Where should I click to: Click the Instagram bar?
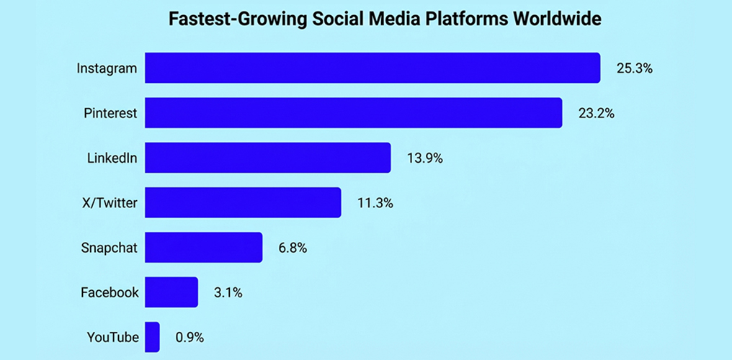pyautogui.click(x=372, y=68)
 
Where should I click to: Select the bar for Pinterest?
pyautogui.click(x=353, y=113)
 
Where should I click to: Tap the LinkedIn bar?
pyautogui.click(x=267, y=158)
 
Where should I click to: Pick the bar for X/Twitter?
pyautogui.click(x=243, y=202)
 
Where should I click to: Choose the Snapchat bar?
pyautogui.click(x=203, y=248)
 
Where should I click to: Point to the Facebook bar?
pyautogui.click(x=171, y=292)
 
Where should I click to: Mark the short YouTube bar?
pyautogui.click(x=152, y=337)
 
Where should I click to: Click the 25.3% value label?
pyautogui.click(x=634, y=69)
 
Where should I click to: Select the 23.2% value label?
pyautogui.click(x=596, y=114)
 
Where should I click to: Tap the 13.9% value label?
pyautogui.click(x=424, y=158)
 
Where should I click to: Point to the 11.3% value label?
pyautogui.click(x=375, y=203)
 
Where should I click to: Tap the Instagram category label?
pyautogui.click(x=107, y=69)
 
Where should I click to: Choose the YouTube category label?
pyautogui.click(x=112, y=338)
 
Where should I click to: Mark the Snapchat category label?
pyautogui.click(x=109, y=248)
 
